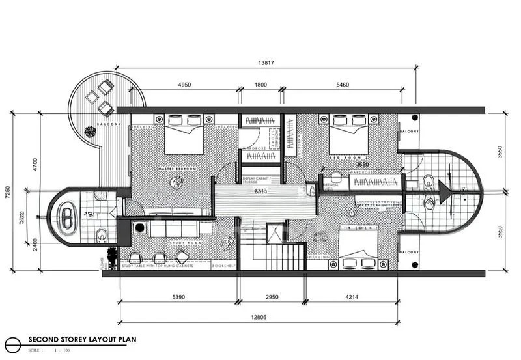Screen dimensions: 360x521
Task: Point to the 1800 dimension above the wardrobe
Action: [x=260, y=85]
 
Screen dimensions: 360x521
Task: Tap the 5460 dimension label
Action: [x=343, y=85]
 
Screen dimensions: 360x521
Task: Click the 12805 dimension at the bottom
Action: [x=260, y=318]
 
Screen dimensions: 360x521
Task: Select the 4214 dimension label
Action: [x=352, y=297]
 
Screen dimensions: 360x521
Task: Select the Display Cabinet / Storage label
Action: [x=260, y=180]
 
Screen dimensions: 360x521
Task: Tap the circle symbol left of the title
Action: [x=11, y=342]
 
